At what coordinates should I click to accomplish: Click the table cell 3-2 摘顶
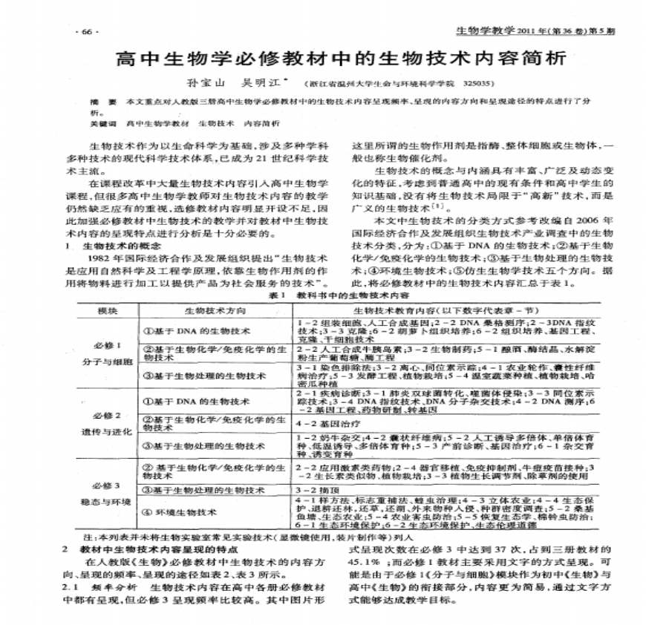tap(310, 491)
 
